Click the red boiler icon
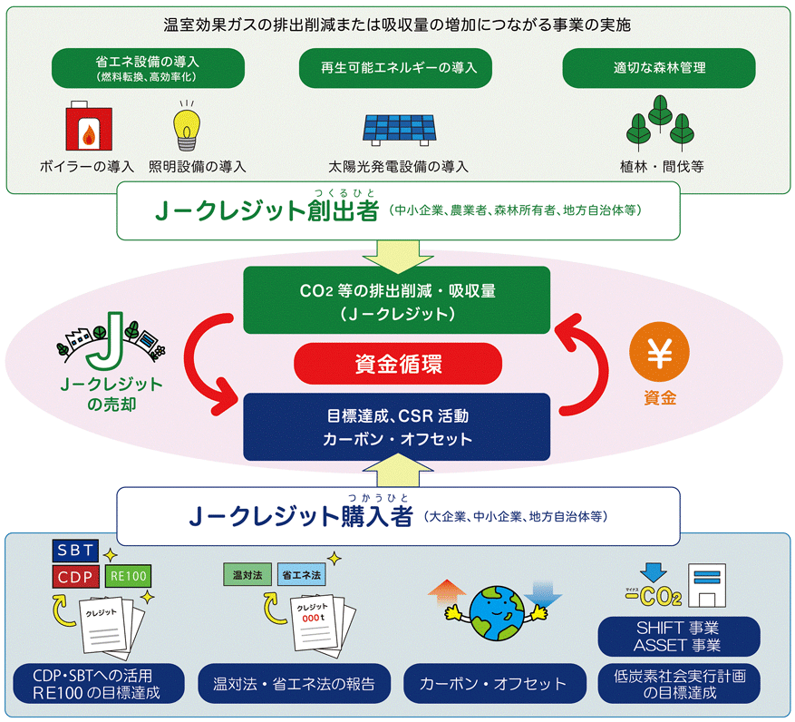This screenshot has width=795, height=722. (x=89, y=126)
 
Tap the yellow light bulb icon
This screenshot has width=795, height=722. (x=187, y=127)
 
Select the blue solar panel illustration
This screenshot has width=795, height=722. (x=399, y=131)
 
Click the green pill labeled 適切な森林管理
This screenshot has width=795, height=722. (x=659, y=68)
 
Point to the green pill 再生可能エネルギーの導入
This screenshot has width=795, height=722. (x=395, y=68)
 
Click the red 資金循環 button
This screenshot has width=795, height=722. (x=398, y=364)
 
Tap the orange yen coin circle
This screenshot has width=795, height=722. (x=659, y=352)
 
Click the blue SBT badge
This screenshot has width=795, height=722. (x=75, y=551)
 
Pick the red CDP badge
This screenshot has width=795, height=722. (x=75, y=577)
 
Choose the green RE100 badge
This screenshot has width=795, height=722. (x=129, y=576)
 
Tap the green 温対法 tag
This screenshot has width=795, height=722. (x=247, y=575)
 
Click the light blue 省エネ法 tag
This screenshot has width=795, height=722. (x=301, y=575)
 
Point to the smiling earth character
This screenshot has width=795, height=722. (x=496, y=613)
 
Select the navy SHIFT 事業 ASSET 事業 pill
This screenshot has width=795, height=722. (x=679, y=636)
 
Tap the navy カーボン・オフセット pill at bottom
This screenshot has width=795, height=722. (x=494, y=683)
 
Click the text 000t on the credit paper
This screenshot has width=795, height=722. (x=313, y=618)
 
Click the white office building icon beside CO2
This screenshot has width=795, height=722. (x=707, y=586)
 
